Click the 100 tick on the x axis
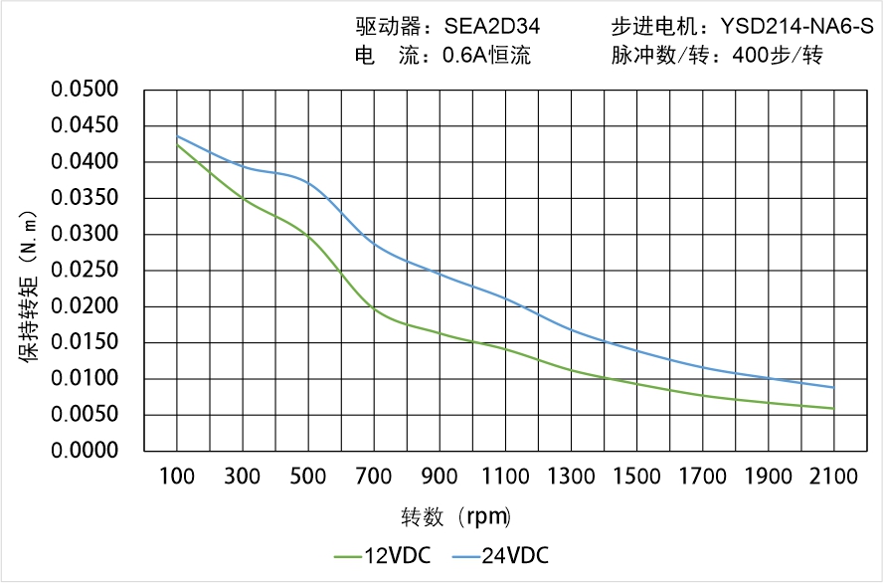(x=178, y=477)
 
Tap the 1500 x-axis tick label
(x=636, y=477)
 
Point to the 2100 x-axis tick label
(x=833, y=477)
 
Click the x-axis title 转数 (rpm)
(x=455, y=517)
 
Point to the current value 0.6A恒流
(x=486, y=56)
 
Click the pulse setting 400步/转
(x=777, y=56)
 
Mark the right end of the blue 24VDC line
(x=833, y=387)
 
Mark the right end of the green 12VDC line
(x=833, y=408)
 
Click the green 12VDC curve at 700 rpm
(x=375, y=309)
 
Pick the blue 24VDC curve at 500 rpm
(x=309, y=183)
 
